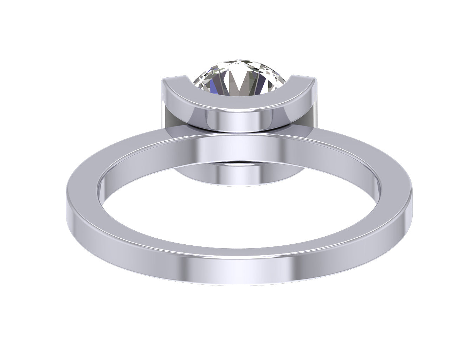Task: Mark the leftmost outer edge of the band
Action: coord(67,204)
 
